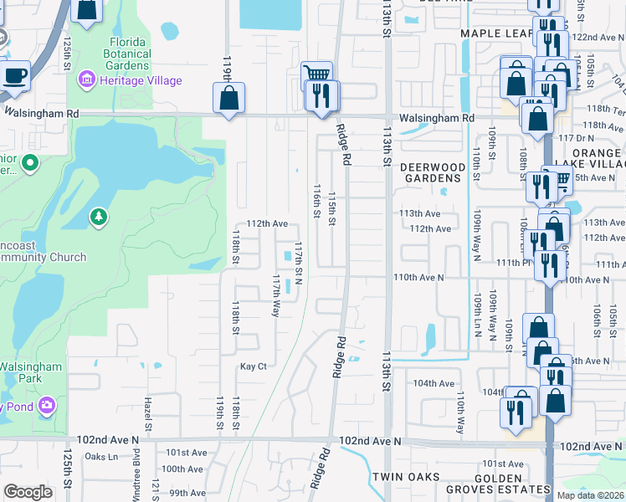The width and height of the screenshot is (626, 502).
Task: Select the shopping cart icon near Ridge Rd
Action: click(316, 75)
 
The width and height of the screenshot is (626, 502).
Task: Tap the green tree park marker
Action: click(100, 218)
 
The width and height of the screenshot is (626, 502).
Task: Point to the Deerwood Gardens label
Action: click(432, 172)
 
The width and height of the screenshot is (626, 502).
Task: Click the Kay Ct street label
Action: click(253, 366)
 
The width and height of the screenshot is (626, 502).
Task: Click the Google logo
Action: click(28, 492)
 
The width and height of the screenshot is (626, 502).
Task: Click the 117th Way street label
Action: click(275, 295)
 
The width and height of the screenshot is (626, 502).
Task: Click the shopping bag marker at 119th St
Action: click(229, 99)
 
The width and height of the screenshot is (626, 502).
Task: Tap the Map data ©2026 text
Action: click(589, 495)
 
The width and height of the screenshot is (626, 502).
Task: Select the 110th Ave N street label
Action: click(418, 277)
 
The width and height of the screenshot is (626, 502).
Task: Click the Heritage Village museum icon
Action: click(85, 80)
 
